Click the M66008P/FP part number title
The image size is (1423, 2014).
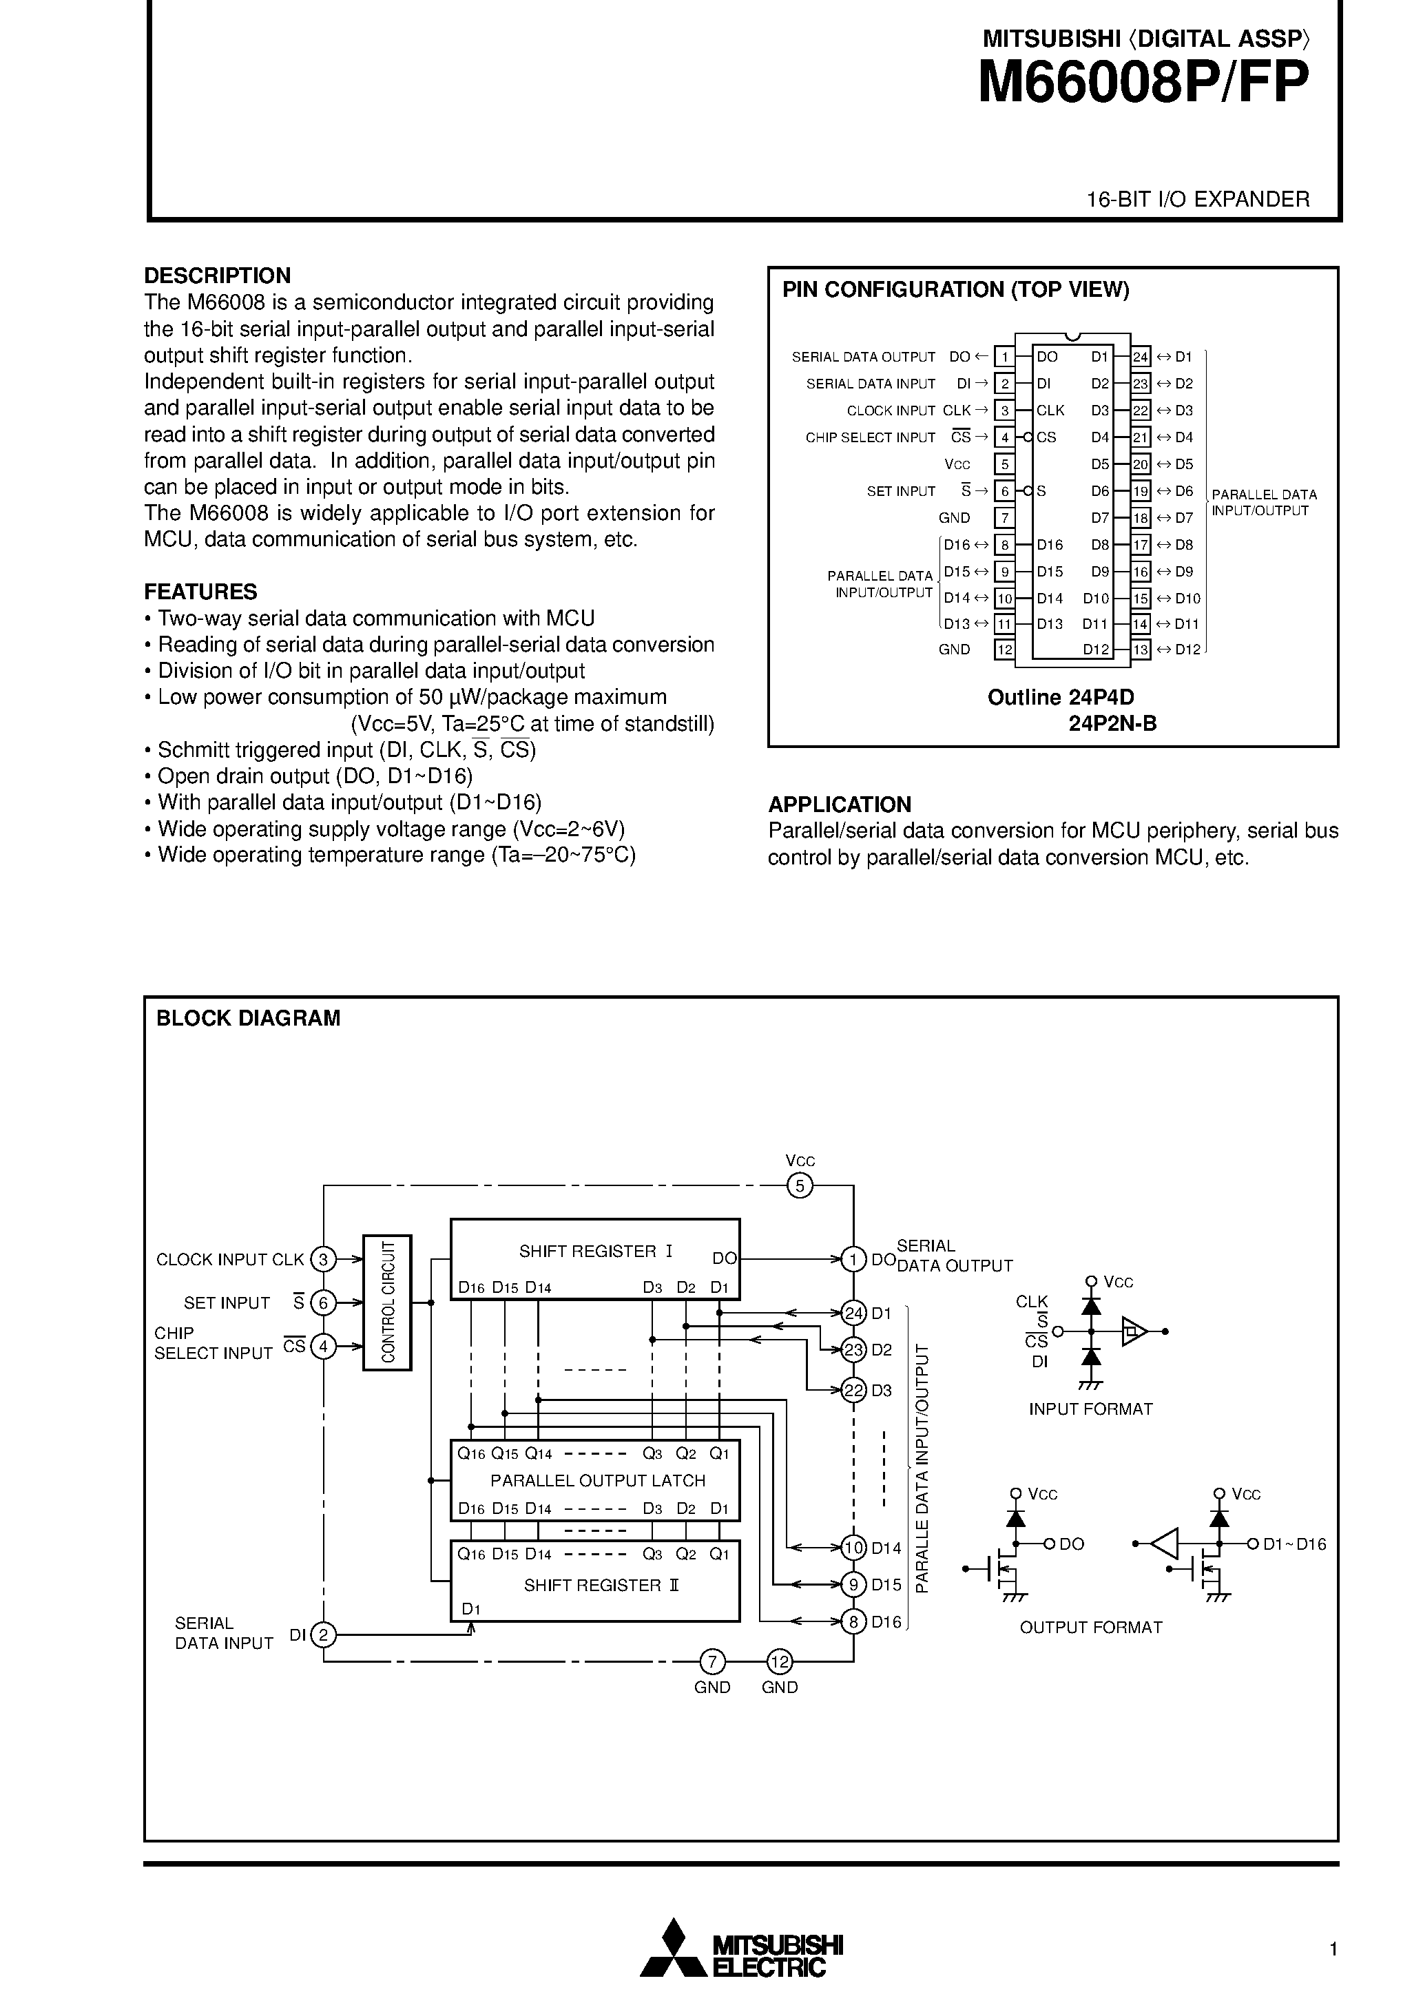1143,83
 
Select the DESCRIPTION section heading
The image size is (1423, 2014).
217,276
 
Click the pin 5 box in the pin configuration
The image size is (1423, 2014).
1004,464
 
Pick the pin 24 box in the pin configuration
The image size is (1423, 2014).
1141,357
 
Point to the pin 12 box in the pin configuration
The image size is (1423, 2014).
1004,650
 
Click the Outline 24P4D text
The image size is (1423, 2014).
1060,697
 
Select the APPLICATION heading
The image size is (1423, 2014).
840,804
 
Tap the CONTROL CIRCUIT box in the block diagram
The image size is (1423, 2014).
387,1302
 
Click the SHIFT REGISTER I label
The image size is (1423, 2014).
596,1252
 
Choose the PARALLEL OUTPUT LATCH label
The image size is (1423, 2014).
597,1481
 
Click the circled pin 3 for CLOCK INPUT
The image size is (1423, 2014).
324,1260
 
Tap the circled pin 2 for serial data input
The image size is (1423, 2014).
324,1634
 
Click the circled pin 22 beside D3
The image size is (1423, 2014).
853,1391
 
